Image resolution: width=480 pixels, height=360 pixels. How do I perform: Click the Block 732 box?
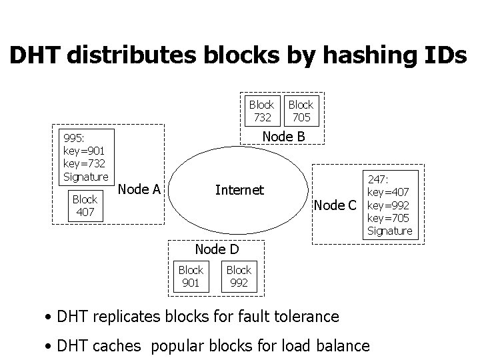pos(261,111)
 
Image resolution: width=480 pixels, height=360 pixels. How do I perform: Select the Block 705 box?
pos(301,111)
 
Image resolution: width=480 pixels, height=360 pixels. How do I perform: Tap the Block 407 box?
pos(85,205)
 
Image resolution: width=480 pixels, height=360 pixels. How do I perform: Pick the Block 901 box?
pos(191,276)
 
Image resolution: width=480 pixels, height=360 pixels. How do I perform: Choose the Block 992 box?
pos(239,276)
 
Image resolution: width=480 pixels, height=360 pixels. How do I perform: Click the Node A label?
pos(139,189)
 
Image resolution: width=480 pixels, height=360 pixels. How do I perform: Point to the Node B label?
pos(283,136)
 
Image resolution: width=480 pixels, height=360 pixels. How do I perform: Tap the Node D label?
pos(216,249)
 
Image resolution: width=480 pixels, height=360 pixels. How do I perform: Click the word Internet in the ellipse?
pos(239,190)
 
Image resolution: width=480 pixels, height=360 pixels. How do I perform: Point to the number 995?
pos(73,139)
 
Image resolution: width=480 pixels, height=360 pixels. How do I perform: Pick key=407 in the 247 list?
pos(389,192)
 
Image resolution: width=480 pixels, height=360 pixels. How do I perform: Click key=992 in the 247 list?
pos(389,205)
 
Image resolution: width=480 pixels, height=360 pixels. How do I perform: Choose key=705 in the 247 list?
pos(389,217)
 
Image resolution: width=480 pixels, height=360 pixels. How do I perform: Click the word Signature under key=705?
pos(389,231)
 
